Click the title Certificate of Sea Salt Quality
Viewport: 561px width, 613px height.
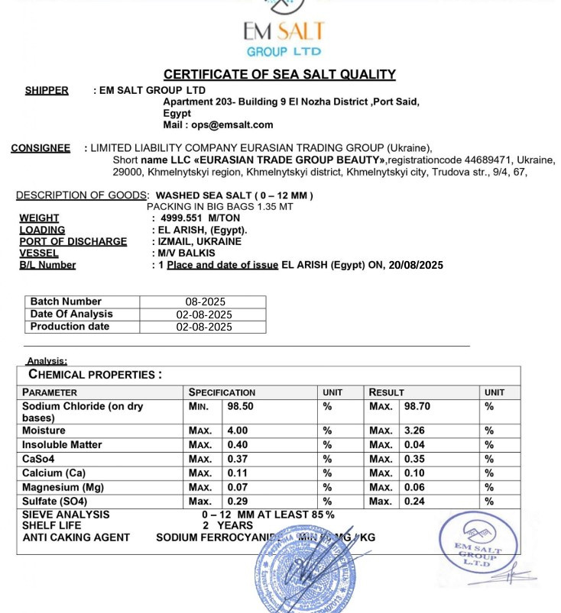click(x=280, y=74)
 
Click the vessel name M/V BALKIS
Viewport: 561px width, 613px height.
click(x=186, y=253)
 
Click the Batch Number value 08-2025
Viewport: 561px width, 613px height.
click(x=204, y=302)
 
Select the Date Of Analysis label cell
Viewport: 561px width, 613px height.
click(x=72, y=315)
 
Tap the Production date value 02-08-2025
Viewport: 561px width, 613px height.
click(x=204, y=327)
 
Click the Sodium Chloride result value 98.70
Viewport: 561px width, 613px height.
click(x=417, y=407)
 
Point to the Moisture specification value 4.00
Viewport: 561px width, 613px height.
click(x=238, y=431)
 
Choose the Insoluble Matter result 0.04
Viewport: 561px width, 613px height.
click(x=416, y=445)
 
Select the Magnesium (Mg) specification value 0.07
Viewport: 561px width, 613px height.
click(x=238, y=488)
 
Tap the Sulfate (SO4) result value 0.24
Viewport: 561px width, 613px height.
click(x=416, y=502)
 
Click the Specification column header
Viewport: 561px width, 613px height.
click(x=222, y=392)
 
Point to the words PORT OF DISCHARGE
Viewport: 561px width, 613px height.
click(x=73, y=242)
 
